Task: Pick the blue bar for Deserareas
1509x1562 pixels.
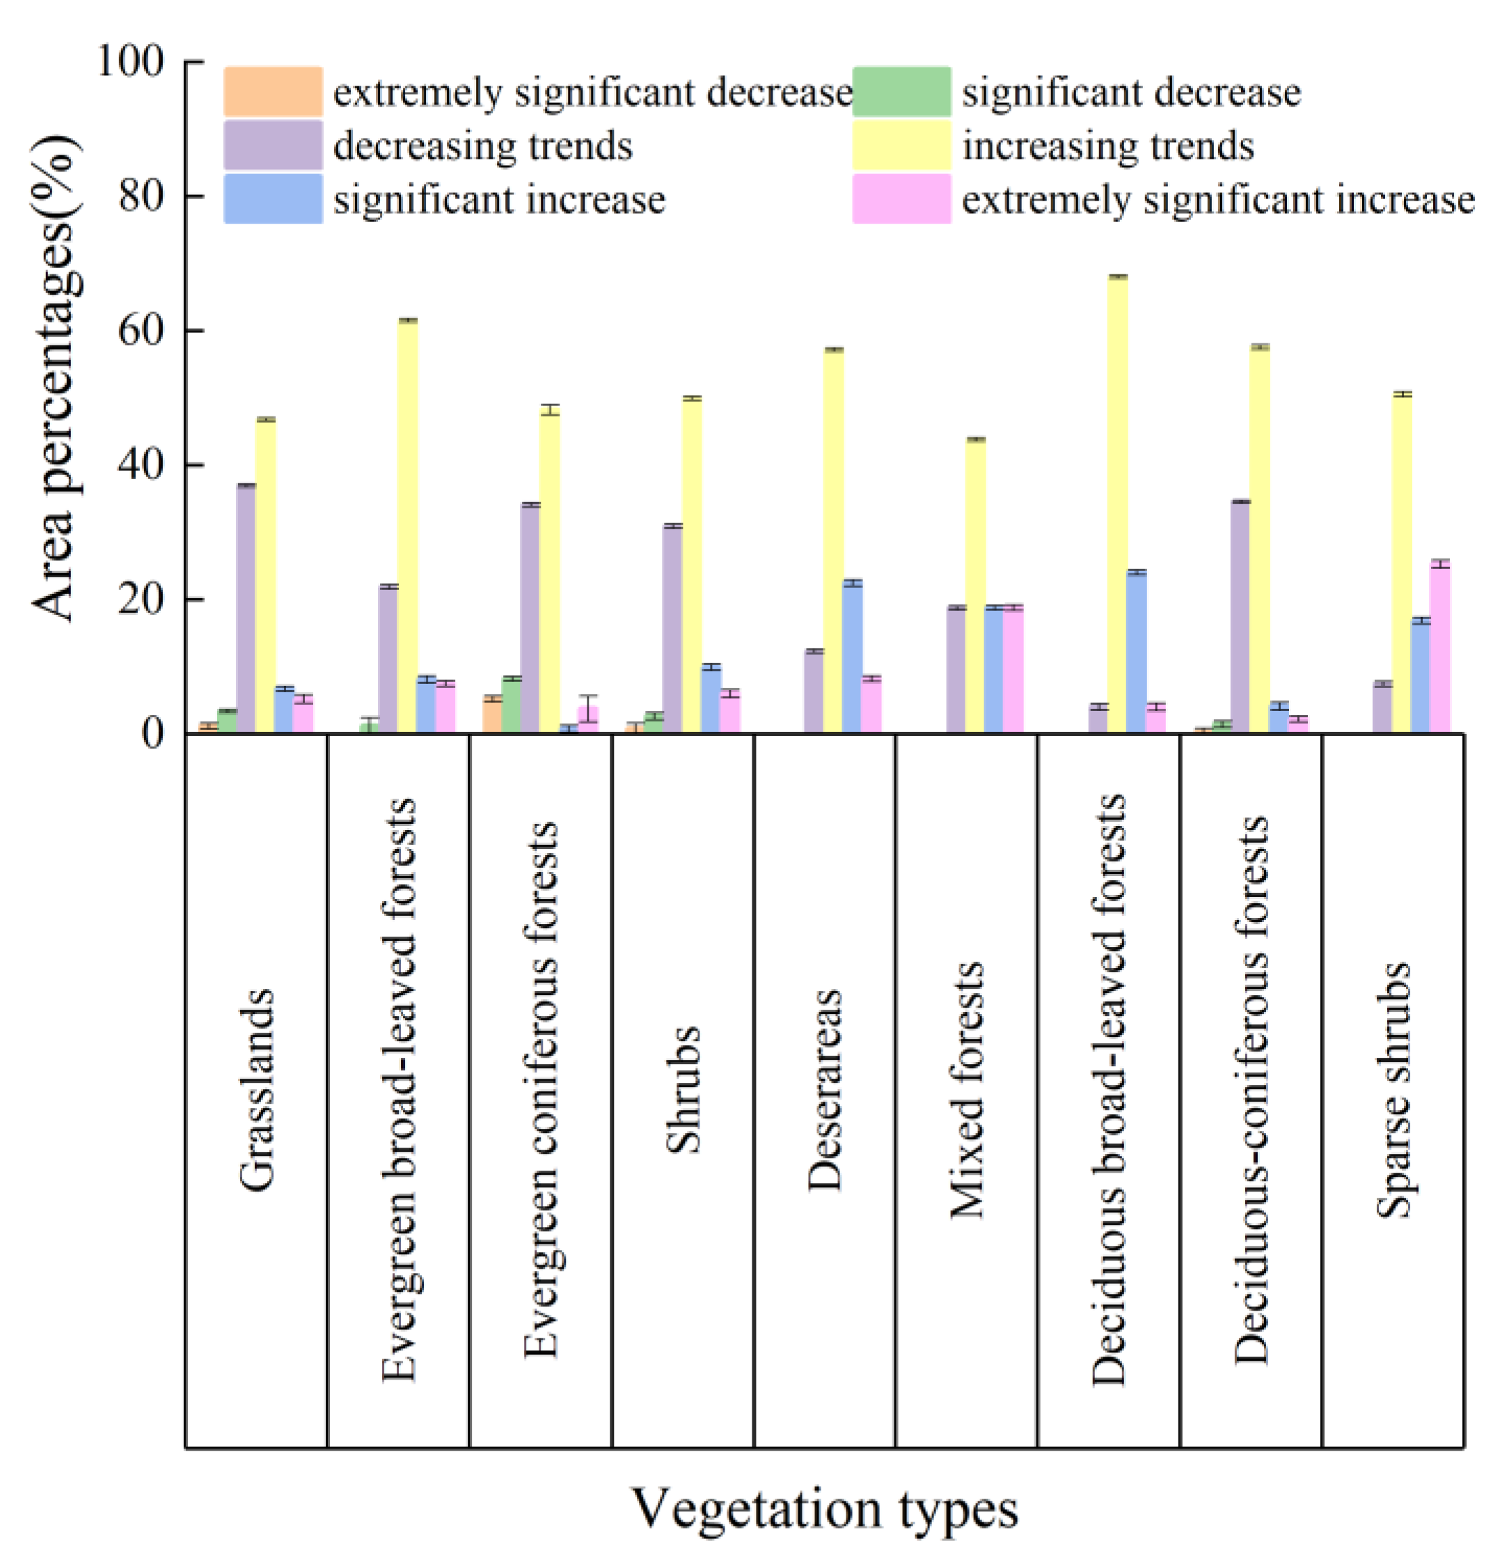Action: coord(852,657)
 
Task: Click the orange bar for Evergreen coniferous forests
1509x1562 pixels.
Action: coord(492,715)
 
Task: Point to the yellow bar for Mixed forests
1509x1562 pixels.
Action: coord(975,586)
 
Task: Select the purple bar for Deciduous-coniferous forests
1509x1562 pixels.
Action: coord(1240,617)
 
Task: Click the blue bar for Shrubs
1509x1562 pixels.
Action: coord(711,700)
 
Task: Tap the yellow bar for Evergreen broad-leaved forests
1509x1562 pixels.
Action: coord(407,526)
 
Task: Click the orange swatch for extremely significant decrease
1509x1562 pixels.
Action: coord(274,92)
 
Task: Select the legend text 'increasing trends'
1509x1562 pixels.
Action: coord(1107,146)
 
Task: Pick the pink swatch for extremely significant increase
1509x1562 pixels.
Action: coord(901,199)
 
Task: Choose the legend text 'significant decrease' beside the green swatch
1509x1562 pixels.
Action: coord(1130,93)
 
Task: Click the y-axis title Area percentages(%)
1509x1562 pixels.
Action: coord(56,379)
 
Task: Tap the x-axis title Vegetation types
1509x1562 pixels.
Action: coord(825,1508)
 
